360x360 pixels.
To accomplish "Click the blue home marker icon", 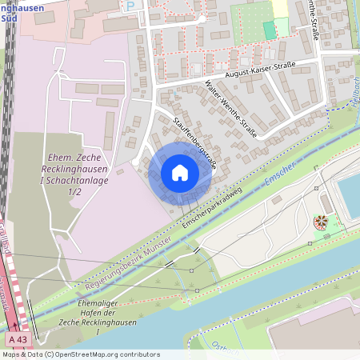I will [180, 173].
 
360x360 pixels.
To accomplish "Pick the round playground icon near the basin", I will [322, 221].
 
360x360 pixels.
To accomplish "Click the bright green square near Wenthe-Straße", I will [270, 30].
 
